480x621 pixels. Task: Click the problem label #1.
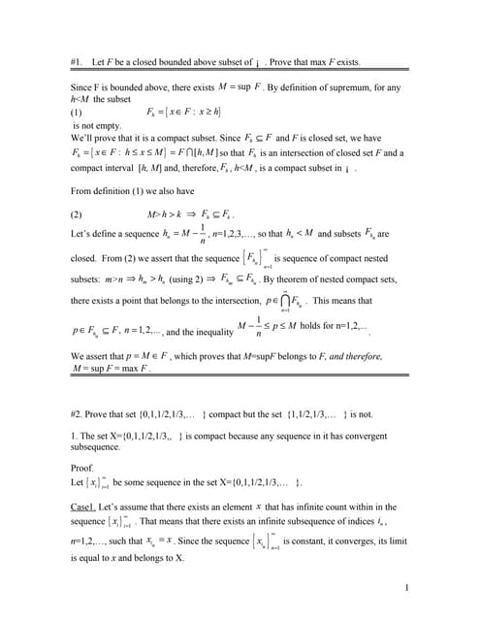80,62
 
